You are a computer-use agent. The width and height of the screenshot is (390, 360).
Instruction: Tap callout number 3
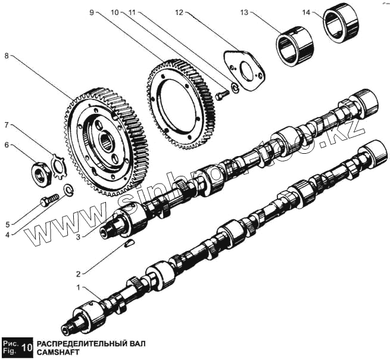coord(79,236)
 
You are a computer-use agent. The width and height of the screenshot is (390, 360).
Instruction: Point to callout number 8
coord(7,55)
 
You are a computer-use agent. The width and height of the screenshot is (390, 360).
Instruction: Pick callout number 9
coord(92,11)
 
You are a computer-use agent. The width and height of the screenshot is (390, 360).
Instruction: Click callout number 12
coord(179,11)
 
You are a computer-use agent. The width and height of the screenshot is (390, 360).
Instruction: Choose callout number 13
coord(244,11)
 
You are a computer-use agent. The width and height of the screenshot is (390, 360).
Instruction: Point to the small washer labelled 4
coord(68,191)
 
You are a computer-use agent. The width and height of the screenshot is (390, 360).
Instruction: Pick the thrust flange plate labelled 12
coord(244,67)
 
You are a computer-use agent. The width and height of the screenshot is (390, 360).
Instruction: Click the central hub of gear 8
coord(107,141)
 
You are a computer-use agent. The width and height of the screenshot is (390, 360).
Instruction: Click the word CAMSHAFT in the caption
coord(57,353)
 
